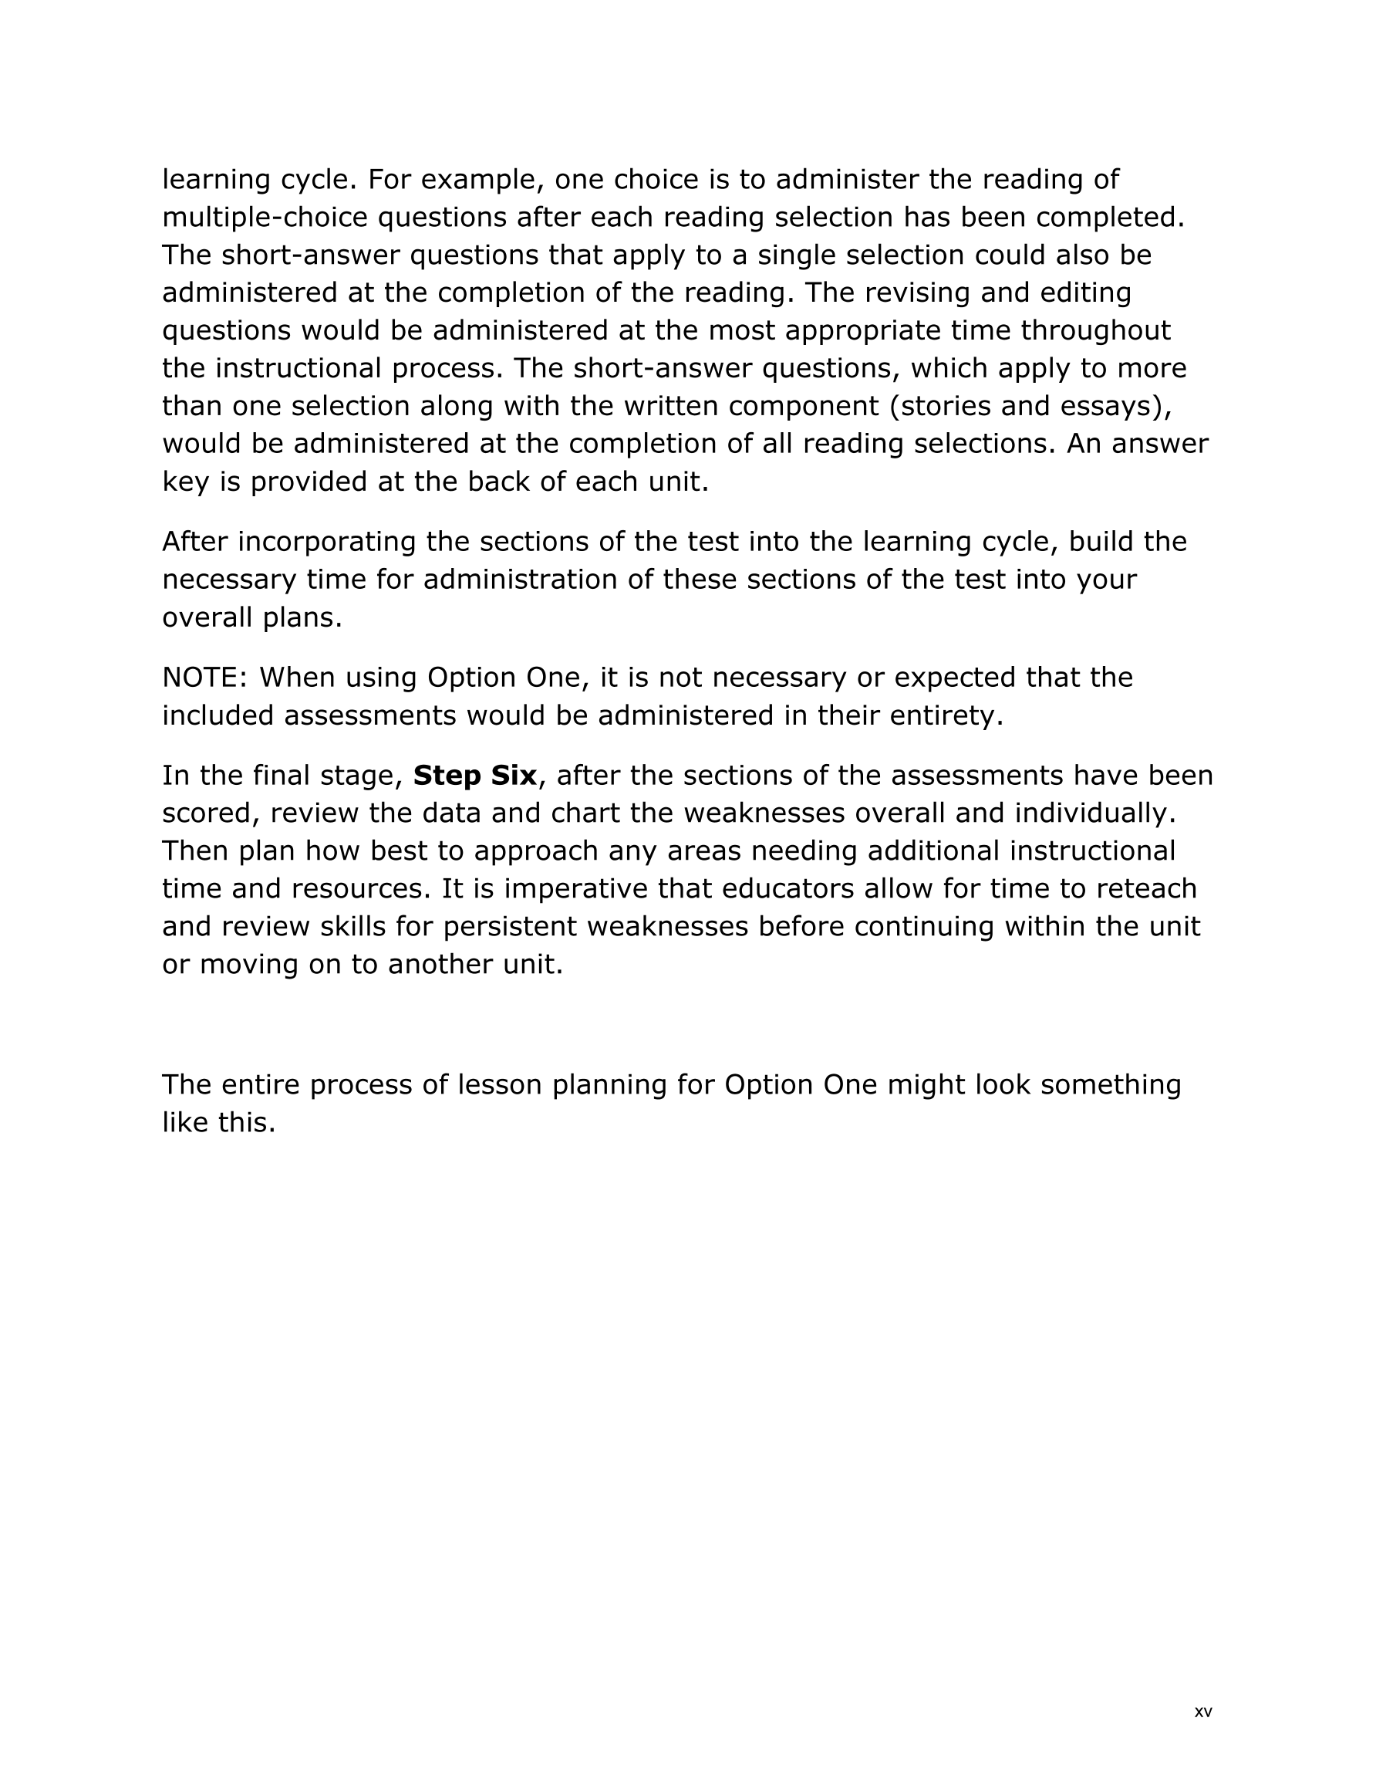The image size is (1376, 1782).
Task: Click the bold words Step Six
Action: pyautogui.click(x=474, y=775)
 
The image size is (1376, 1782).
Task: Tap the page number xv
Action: pyautogui.click(x=1203, y=1711)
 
